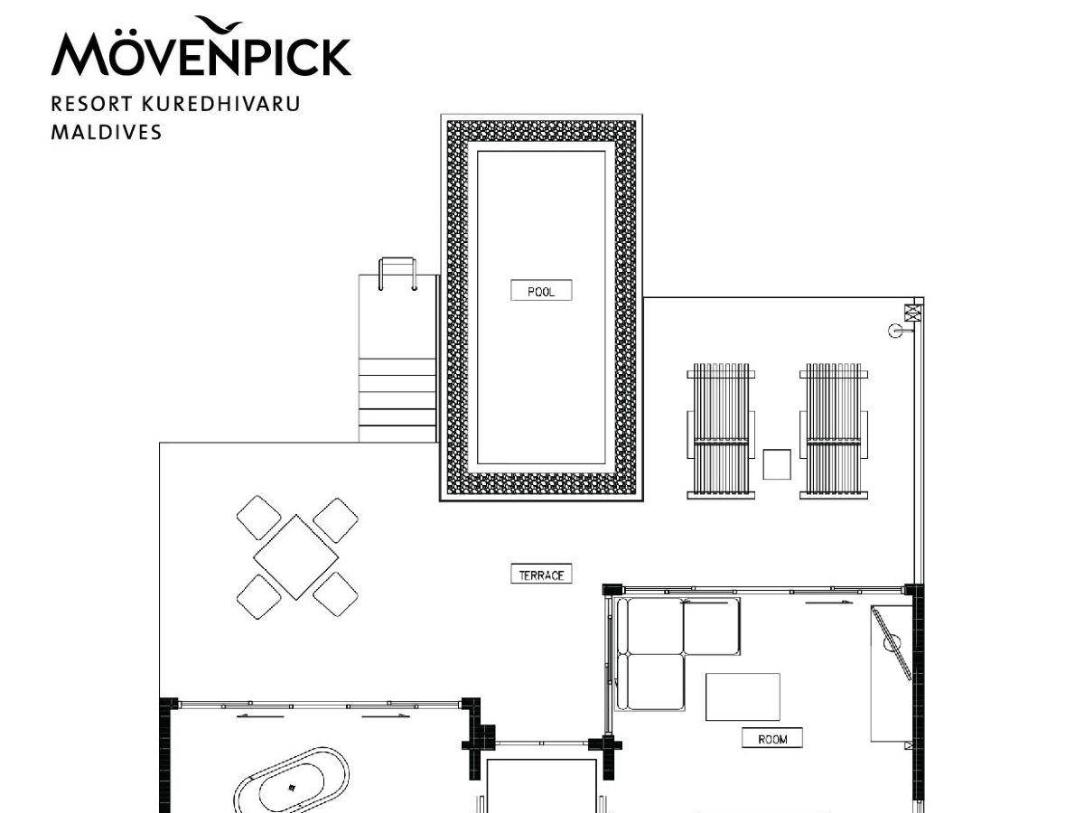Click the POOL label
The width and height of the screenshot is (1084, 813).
(x=541, y=290)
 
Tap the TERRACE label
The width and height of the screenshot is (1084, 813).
(x=541, y=575)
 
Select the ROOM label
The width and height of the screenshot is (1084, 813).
(x=771, y=738)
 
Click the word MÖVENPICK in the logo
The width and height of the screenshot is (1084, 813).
(x=201, y=54)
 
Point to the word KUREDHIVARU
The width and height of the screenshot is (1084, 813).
(x=221, y=104)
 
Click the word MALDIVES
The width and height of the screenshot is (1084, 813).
(x=107, y=132)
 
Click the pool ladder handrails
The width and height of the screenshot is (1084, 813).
(x=397, y=274)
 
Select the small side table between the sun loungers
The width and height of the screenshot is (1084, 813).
(x=777, y=464)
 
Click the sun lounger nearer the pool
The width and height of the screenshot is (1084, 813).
(x=721, y=431)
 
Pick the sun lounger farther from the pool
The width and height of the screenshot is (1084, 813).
(x=834, y=431)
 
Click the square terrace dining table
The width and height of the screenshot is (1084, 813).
(x=295, y=557)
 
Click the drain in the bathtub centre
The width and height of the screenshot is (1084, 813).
(x=292, y=788)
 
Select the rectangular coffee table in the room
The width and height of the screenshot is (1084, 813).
(x=743, y=696)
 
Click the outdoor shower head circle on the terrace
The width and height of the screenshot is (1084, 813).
(x=895, y=331)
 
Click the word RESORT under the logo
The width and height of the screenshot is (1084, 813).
(x=92, y=104)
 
